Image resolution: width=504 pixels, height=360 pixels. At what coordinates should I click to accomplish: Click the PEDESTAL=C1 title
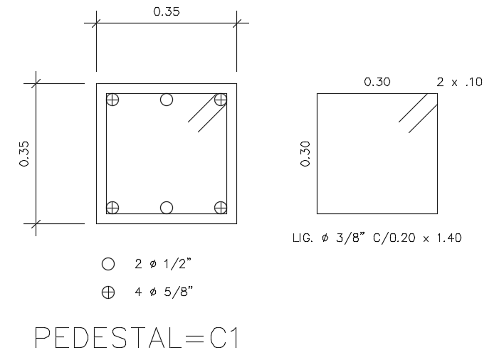136,338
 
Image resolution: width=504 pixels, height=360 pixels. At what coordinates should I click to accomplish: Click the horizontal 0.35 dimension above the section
167,11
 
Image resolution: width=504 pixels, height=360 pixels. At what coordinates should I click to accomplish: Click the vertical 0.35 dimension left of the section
25,153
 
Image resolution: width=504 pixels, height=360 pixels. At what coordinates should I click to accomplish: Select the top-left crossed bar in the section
112,100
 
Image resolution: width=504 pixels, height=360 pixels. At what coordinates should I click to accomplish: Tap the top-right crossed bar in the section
221,100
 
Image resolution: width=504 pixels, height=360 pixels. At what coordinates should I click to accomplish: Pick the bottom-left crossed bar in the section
112,208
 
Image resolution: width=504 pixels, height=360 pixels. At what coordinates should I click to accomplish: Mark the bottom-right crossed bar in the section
221,208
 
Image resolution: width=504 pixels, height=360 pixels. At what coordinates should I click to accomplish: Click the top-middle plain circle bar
167,100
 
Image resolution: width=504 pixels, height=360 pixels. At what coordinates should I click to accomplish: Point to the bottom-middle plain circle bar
167,208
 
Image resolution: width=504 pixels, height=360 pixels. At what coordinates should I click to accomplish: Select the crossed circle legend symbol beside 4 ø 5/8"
108,291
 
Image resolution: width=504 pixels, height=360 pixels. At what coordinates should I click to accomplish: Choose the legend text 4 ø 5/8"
164,291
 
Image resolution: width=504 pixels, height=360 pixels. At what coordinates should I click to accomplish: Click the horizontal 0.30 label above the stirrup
377,82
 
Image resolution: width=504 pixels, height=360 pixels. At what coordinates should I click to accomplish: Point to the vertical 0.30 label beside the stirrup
305,153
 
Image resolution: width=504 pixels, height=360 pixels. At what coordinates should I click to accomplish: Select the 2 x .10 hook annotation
459,82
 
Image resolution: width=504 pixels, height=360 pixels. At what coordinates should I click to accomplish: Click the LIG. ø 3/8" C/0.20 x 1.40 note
377,238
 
